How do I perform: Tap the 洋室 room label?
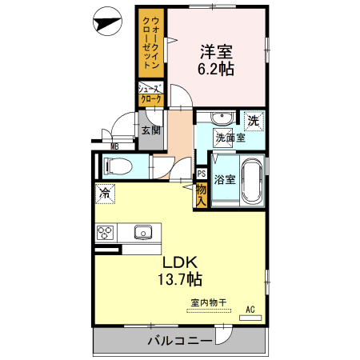point(216,51)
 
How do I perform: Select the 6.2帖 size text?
point(216,70)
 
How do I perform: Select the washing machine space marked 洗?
point(252,122)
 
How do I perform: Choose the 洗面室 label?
point(230,137)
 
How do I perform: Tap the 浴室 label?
point(225,180)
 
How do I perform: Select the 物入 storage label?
point(202,194)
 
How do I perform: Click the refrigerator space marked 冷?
point(104,193)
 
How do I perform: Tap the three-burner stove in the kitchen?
point(106,233)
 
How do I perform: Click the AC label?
point(250,309)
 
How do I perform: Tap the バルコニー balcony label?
point(179,341)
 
